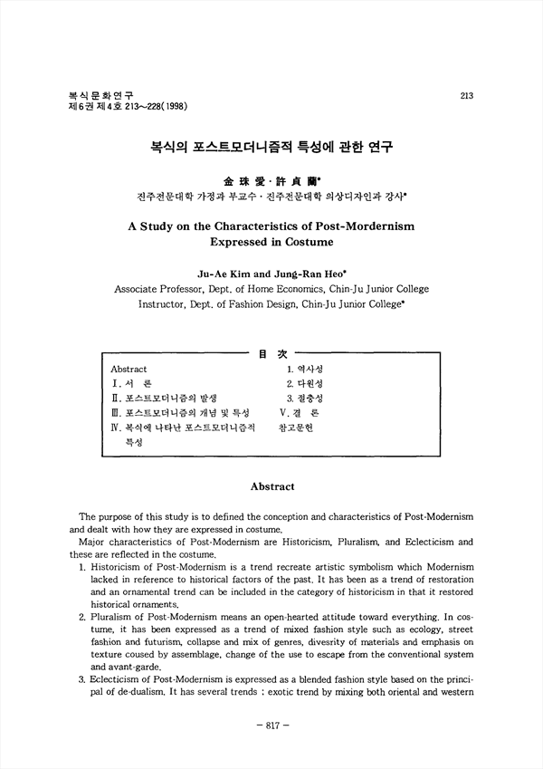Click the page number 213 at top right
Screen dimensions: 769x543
point(466,95)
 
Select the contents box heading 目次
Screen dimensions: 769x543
point(269,354)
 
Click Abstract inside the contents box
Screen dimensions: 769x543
point(129,370)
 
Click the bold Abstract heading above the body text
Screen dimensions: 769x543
point(271,487)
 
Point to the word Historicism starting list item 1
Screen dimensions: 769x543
point(116,565)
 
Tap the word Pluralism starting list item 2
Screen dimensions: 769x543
point(112,614)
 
